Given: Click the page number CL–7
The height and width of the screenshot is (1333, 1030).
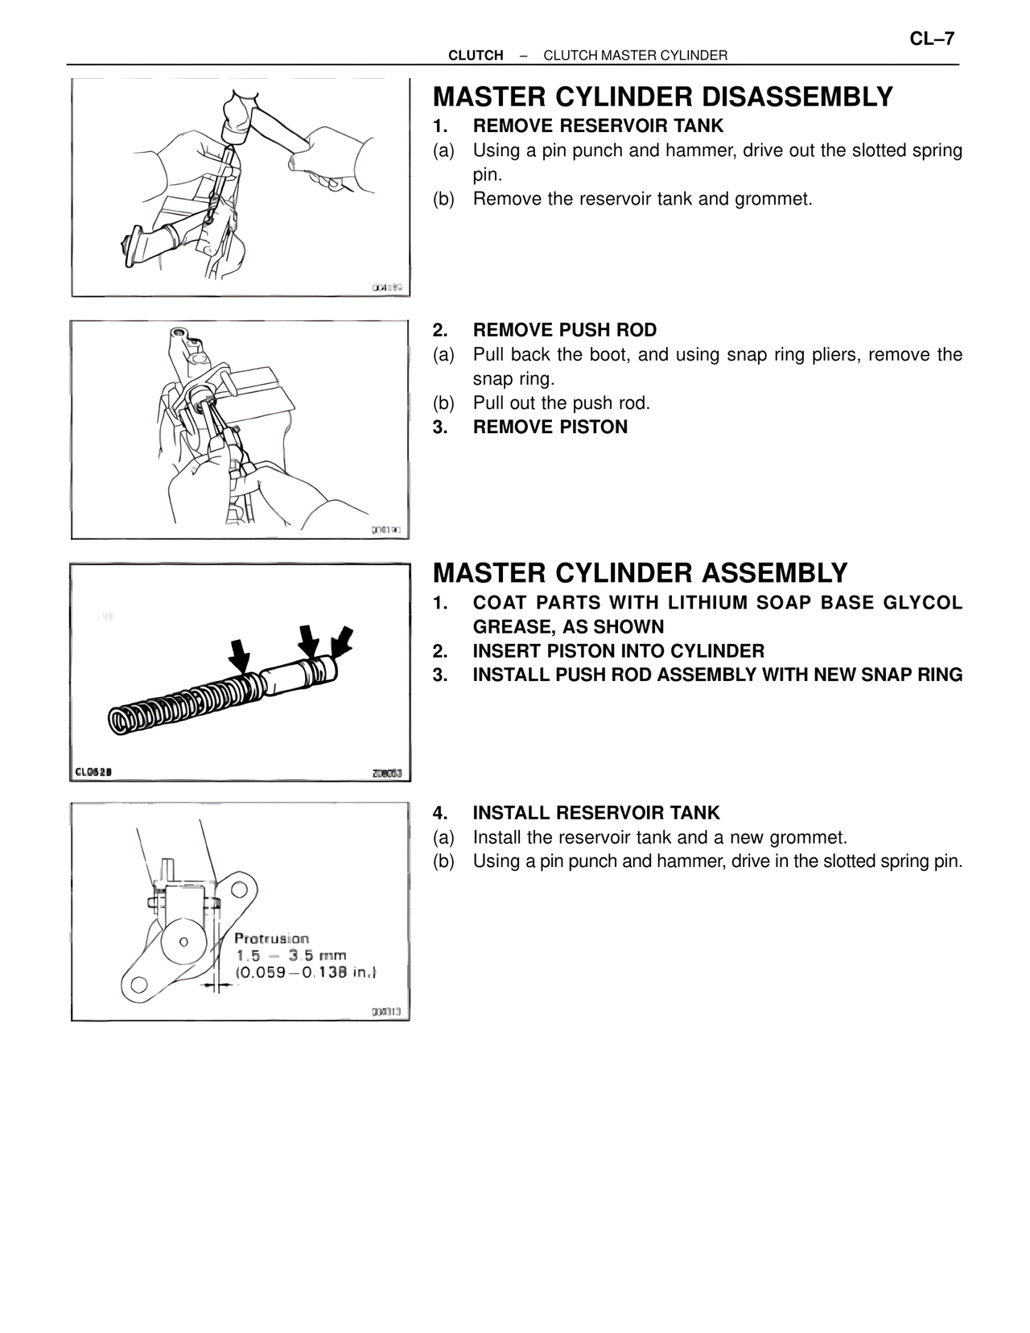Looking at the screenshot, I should (x=932, y=38).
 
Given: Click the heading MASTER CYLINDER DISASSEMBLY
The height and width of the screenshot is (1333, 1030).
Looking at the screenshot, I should (x=662, y=97).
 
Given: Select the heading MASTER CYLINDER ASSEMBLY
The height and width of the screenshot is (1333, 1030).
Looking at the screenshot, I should (x=640, y=573).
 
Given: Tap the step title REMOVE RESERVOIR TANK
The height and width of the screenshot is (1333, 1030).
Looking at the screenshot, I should (x=598, y=126).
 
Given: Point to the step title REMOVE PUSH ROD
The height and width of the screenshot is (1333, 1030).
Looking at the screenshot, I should (x=564, y=330).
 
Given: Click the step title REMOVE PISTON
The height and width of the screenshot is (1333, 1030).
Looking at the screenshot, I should (x=550, y=427).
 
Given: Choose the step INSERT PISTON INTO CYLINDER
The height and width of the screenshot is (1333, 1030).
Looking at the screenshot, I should (x=618, y=650).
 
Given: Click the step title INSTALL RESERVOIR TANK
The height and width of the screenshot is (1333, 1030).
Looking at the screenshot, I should (x=596, y=813).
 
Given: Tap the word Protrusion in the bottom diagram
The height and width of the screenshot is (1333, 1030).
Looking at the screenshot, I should (x=271, y=939).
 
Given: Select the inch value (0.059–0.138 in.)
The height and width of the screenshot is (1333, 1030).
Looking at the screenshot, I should (x=306, y=972).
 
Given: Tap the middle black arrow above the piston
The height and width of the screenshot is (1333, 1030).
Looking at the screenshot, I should (x=308, y=640).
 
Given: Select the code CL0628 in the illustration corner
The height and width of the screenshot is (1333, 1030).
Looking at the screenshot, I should (x=93, y=773).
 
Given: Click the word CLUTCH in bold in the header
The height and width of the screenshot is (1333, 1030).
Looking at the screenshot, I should (x=476, y=56).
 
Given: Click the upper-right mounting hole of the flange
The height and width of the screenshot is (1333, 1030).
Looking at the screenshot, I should (x=239, y=889).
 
